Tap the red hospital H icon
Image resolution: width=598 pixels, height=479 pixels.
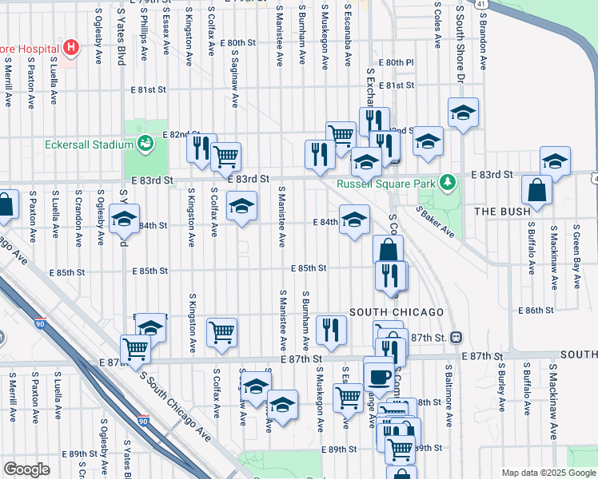pyautogui.click(x=72, y=48)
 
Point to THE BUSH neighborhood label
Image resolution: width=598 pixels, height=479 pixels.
pyautogui.click(x=501, y=212)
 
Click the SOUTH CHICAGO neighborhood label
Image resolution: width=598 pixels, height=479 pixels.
pyautogui.click(x=397, y=311)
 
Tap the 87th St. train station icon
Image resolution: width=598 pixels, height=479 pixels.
pyautogui.click(x=456, y=338)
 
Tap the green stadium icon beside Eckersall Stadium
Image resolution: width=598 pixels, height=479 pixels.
pyautogui.click(x=145, y=144)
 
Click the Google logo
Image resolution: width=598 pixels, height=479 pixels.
pyautogui.click(x=26, y=469)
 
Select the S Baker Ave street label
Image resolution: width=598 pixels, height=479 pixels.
pyautogui.click(x=436, y=222)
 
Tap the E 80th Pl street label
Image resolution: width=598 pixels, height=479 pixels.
pyautogui.click(x=397, y=61)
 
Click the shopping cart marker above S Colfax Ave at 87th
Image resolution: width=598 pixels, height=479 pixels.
pyautogui.click(x=222, y=331)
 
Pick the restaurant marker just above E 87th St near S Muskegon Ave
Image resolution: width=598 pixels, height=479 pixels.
pyautogui.click(x=329, y=329)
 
